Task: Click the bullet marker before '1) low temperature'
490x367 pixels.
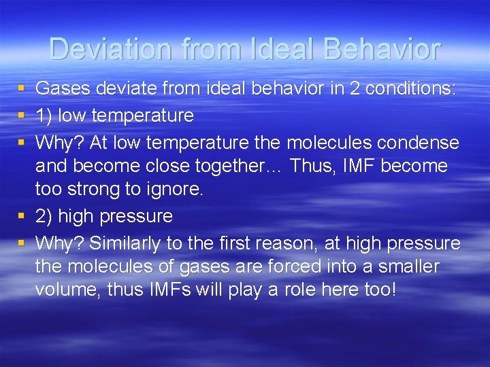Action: (x=21, y=116)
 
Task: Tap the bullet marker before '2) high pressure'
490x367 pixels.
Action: (x=21, y=217)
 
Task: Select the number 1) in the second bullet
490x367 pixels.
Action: (x=44, y=116)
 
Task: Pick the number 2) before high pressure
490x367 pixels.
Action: (x=44, y=217)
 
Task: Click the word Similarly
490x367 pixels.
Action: (x=127, y=243)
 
